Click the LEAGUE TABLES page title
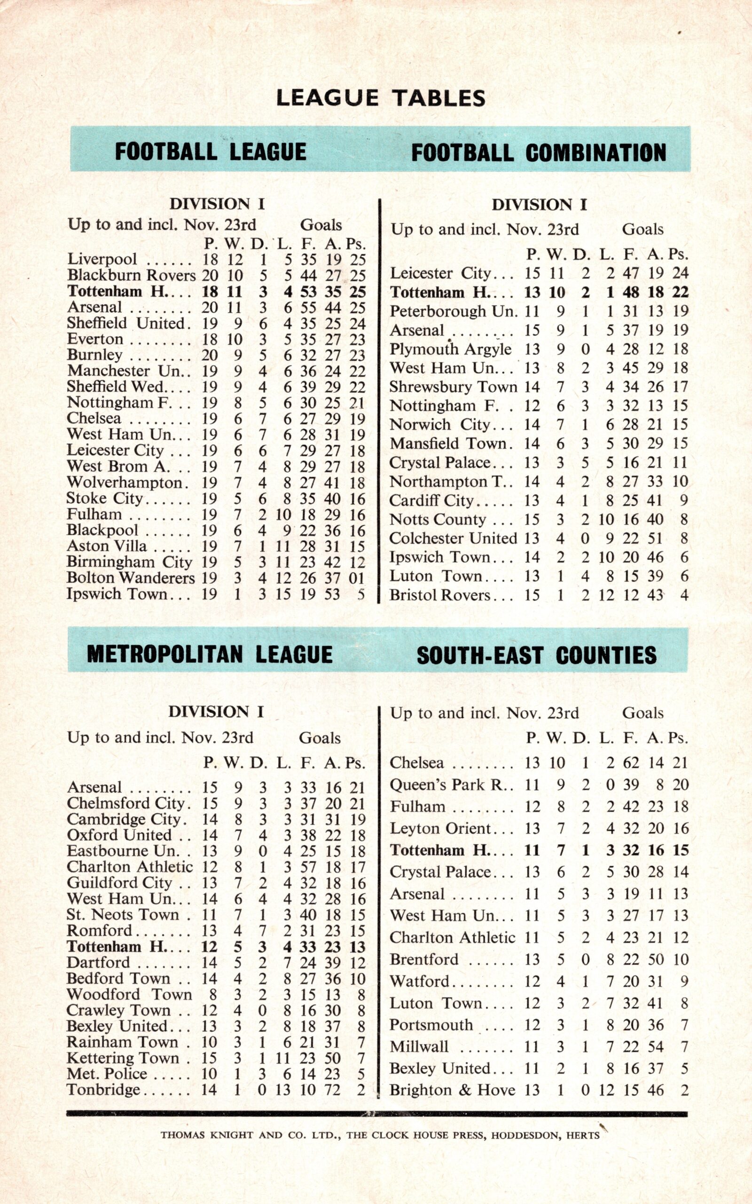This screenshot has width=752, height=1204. pos(381,98)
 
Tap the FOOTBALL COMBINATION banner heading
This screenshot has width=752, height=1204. pos(538,152)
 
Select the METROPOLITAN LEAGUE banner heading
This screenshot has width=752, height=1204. pos(210,654)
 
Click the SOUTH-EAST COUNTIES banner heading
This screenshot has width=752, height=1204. pos(537,655)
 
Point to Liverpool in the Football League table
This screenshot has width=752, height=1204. pos(102,259)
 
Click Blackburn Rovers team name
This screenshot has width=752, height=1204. pos(131,275)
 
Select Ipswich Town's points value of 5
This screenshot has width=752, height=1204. pos(360,594)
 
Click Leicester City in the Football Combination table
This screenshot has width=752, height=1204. pos(440,273)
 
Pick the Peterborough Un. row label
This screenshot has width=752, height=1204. pos(453,311)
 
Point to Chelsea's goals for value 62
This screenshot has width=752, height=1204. pos(631,763)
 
